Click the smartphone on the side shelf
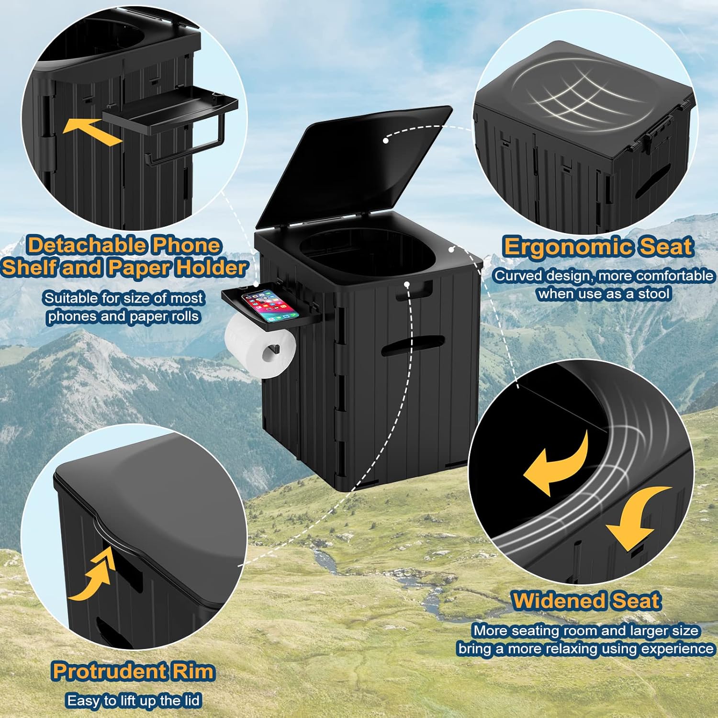[269, 305]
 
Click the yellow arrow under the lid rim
[93, 577]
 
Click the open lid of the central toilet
[354, 168]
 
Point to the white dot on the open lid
[386, 140]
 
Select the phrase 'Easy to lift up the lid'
[133, 701]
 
